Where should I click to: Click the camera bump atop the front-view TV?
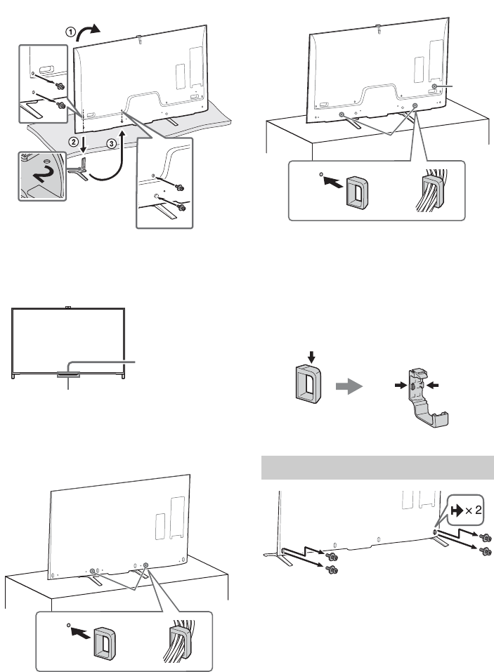[68, 307]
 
